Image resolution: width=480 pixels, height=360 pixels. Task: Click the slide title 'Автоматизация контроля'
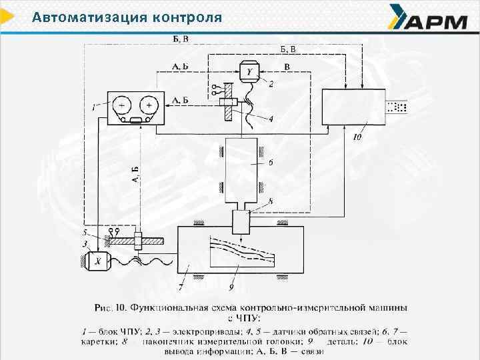tap(127, 17)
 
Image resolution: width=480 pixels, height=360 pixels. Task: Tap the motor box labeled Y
tap(249, 71)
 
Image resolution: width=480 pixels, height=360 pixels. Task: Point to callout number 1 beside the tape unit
tap(94, 105)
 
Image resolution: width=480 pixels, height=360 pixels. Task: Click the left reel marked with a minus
tap(122, 105)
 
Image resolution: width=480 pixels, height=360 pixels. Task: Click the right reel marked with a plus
tap(149, 105)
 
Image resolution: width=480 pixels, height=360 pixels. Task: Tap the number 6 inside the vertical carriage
tap(253, 162)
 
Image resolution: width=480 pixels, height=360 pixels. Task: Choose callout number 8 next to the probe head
tap(271, 201)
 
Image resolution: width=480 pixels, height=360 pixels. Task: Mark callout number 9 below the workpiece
tap(231, 287)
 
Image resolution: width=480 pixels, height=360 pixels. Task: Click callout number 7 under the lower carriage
tap(180, 287)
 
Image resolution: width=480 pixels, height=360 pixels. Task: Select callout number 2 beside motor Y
tap(271, 85)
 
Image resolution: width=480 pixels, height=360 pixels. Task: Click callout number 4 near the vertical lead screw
tap(271, 119)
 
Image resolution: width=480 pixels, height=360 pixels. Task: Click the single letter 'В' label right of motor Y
tap(287, 67)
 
